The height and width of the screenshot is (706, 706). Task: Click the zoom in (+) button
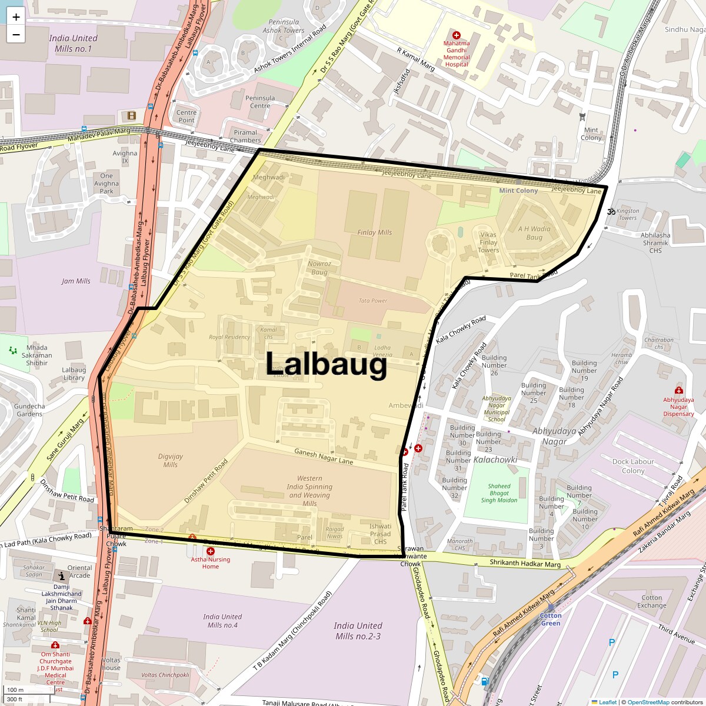[x=16, y=17]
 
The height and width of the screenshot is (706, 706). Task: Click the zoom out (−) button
[x=16, y=35]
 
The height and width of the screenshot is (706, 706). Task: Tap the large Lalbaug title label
[x=327, y=364]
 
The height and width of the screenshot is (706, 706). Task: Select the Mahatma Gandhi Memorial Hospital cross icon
[x=457, y=35]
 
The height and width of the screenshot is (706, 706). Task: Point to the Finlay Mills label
[x=374, y=232]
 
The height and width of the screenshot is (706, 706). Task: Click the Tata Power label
[x=373, y=301]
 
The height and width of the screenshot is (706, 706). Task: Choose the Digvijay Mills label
[x=171, y=460]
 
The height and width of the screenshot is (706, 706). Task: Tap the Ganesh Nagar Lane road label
[x=324, y=457]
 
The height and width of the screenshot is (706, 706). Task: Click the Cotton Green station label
[x=551, y=619]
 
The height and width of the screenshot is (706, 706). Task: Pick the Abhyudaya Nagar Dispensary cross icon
[x=678, y=390]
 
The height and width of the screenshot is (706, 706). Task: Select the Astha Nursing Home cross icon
[x=210, y=551]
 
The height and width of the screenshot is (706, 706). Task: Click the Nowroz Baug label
[x=319, y=268]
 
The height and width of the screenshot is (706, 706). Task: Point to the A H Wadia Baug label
[x=534, y=233]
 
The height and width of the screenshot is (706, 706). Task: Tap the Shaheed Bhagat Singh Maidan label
[x=499, y=493]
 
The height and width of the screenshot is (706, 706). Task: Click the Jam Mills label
[x=76, y=281]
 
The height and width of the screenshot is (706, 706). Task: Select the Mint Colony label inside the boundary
[x=518, y=191]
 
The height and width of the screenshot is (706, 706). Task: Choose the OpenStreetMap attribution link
[x=648, y=702]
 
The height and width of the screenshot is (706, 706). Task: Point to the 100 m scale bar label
[x=15, y=690]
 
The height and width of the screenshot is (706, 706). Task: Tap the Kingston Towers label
[x=628, y=214]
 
